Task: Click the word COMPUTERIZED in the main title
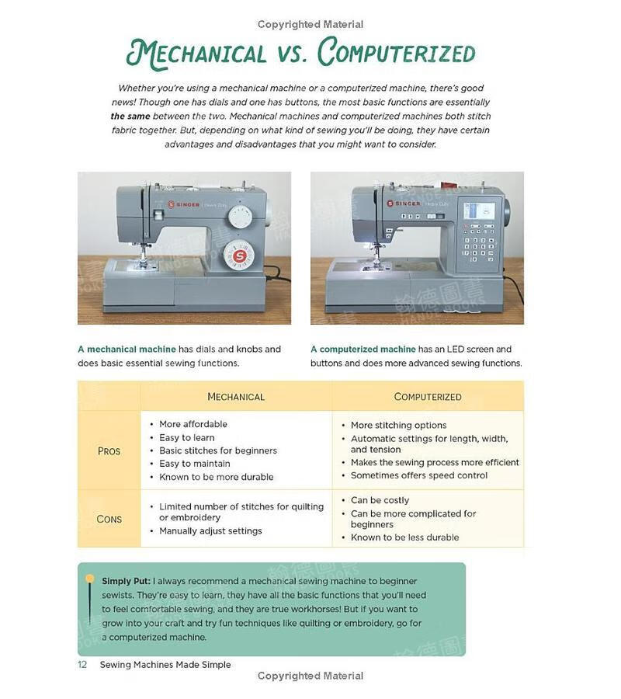[x=396, y=52]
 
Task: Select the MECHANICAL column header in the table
[x=236, y=397]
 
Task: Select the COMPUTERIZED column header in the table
[x=428, y=397]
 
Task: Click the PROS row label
[x=109, y=451]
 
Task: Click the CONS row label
[x=109, y=519]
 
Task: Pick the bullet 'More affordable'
[x=193, y=424]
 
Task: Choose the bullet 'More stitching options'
[x=398, y=425]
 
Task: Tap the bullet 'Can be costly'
[x=380, y=500]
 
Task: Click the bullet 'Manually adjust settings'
[x=210, y=531]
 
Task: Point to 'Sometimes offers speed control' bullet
[x=419, y=475]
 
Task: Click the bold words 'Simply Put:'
[x=126, y=581]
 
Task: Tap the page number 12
[x=82, y=665]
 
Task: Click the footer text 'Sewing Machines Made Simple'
[x=165, y=665]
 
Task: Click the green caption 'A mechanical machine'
[x=127, y=349]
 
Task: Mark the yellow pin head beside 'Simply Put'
[x=90, y=579]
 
